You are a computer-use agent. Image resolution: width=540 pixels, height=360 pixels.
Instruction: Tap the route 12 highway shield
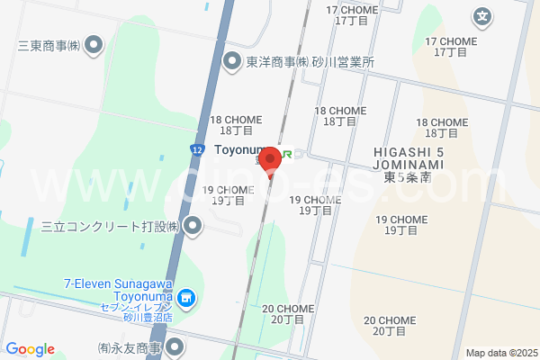pyautogui.click(x=196, y=148)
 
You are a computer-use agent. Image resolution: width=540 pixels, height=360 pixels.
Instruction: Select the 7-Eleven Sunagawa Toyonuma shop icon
pyautogui.click(x=186, y=296)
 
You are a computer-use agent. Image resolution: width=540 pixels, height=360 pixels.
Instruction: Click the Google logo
pyautogui.click(x=30, y=350)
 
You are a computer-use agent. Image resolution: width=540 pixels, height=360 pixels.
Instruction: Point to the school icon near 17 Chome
pyautogui.click(x=483, y=15)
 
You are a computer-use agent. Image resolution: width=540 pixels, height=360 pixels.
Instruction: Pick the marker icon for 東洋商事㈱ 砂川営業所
pyautogui.click(x=232, y=61)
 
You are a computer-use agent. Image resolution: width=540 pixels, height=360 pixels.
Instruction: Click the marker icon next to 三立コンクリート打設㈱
pyautogui.click(x=192, y=225)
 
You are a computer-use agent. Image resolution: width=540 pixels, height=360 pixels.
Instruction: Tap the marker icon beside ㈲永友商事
pyautogui.click(x=176, y=346)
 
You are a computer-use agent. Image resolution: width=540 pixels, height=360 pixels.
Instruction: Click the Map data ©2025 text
pyautogui.click(x=501, y=353)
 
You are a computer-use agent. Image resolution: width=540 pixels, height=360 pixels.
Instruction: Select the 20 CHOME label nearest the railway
pyautogui.click(x=288, y=313)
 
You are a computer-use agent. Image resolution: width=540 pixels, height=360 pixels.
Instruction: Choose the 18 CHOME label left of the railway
pyautogui.click(x=235, y=124)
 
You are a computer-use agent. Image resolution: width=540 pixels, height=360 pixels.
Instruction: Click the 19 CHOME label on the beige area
pyautogui.click(x=401, y=224)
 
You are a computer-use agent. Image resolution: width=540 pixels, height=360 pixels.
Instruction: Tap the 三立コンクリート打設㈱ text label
pyautogui.click(x=107, y=225)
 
